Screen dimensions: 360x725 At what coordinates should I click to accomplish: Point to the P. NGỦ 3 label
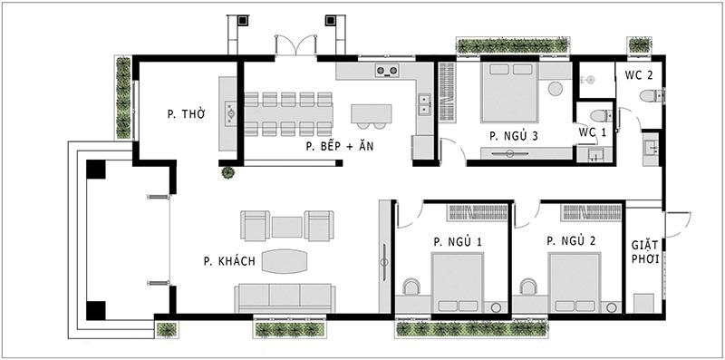pyautogui.click(x=514, y=136)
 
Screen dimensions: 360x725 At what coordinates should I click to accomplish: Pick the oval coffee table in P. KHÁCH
pyautogui.click(x=285, y=261)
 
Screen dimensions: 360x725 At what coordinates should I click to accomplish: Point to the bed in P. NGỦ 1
pyautogui.click(x=456, y=282)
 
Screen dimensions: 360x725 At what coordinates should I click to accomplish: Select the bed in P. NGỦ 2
pyautogui.click(x=574, y=282)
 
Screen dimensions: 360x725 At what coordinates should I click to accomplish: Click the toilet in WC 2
pyautogui.click(x=648, y=97)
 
